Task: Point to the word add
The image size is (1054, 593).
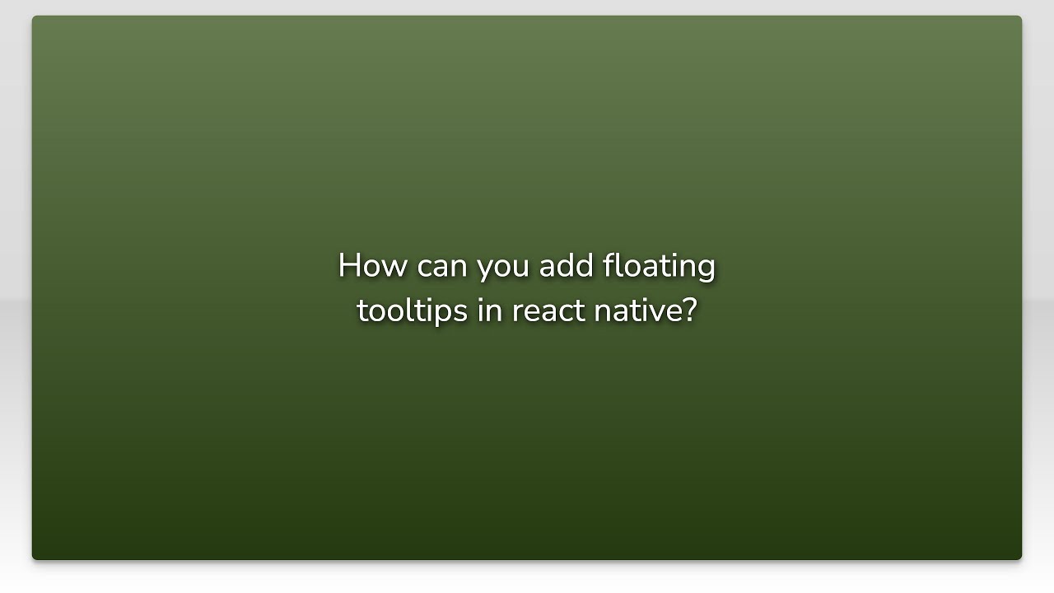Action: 566,266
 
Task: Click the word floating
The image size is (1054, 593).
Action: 659,267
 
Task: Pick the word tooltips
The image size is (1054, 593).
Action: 412,311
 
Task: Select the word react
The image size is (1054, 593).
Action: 548,311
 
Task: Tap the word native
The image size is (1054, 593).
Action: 637,311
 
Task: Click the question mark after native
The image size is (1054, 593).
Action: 690,311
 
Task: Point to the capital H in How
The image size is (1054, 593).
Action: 349,266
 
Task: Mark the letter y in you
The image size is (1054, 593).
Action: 484,270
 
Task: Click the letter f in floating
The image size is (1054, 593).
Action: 609,265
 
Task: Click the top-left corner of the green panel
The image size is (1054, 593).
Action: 33,16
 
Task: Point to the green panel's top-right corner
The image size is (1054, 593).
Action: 1021,16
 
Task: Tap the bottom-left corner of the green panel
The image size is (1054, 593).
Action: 33,559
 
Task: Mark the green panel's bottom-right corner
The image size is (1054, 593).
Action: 1021,559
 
